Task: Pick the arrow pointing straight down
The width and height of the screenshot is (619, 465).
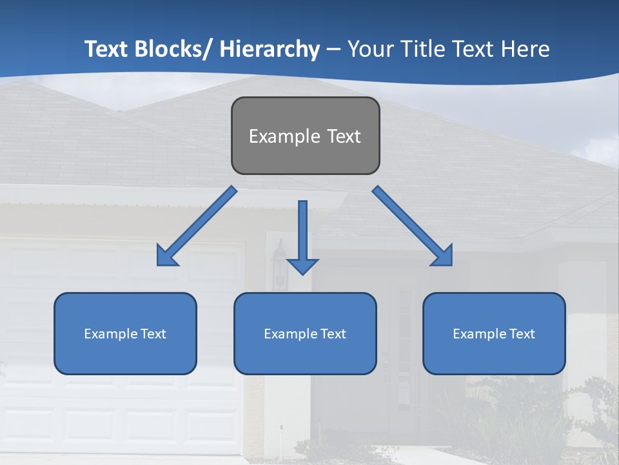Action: pos(302,232)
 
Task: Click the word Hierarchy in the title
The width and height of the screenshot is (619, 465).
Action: pos(270,49)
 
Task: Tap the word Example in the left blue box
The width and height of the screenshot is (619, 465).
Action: pos(110,334)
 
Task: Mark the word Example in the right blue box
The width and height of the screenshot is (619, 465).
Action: pos(479,334)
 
